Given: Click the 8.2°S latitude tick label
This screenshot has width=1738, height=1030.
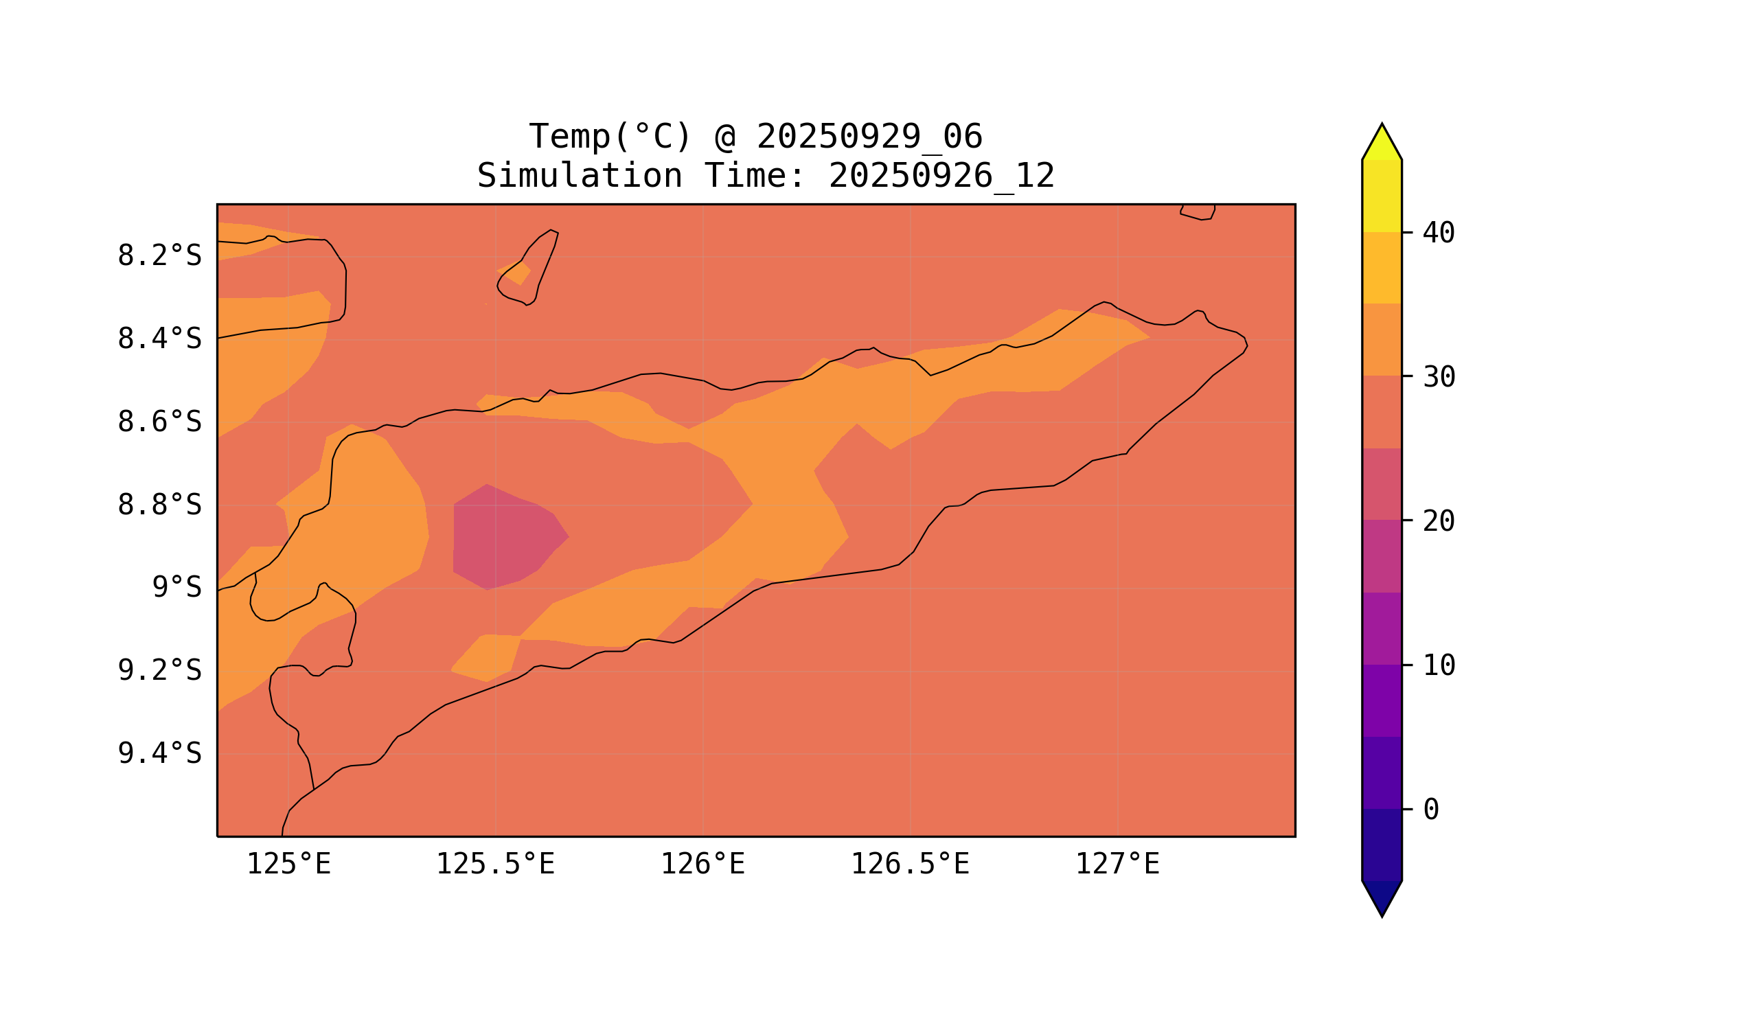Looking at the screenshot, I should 159,256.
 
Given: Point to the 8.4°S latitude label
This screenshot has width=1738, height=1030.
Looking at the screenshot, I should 159,339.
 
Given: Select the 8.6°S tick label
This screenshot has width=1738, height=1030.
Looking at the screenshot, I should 159,422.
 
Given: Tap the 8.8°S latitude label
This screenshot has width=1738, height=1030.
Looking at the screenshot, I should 159,505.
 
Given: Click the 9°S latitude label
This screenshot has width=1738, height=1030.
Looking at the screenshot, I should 176,588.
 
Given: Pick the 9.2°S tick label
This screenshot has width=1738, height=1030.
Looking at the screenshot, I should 159,670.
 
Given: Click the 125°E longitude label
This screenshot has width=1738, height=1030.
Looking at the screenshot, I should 288,865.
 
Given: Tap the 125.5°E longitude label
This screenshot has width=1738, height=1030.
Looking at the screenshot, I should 495,865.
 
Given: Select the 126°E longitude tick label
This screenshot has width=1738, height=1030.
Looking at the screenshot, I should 702,865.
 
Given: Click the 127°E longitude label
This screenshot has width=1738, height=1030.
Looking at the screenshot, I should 1117,865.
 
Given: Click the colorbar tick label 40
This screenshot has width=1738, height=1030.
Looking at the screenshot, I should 1439,233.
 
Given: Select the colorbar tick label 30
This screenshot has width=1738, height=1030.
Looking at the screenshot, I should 1439,378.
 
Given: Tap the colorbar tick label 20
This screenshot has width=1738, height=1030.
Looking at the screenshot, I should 1439,522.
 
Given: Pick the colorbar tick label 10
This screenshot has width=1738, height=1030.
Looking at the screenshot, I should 1439,666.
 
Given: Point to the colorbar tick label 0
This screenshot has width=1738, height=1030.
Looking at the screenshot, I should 1431,810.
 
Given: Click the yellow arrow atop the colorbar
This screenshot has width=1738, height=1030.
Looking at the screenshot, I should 1382,145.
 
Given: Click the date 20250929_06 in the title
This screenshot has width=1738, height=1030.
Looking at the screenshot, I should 869,137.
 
